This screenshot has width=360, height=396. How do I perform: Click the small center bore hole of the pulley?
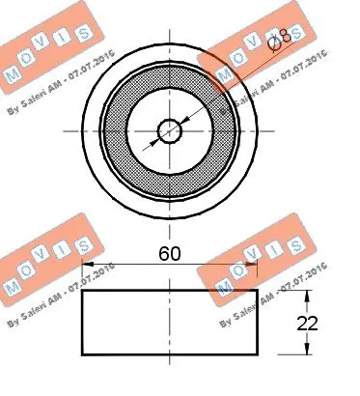(171, 130)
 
